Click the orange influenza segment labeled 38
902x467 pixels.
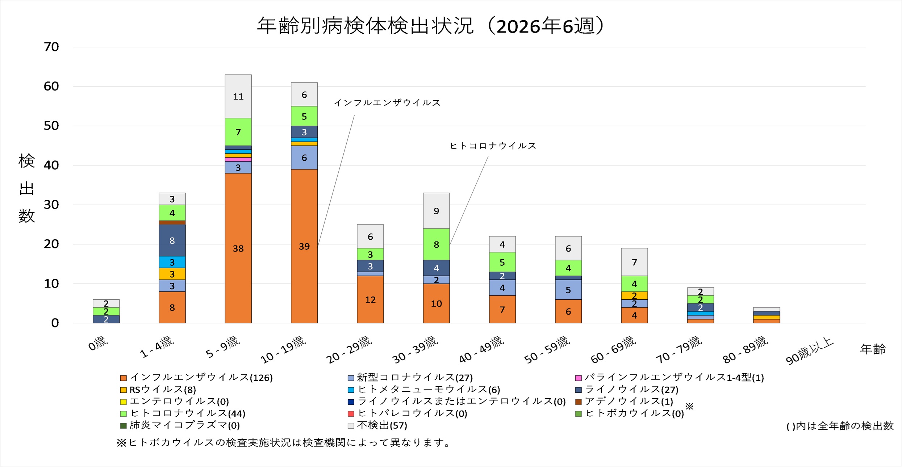click(238, 248)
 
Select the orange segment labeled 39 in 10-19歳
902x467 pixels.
click(304, 246)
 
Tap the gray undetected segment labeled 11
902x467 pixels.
click(238, 96)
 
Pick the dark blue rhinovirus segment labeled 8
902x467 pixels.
click(172, 240)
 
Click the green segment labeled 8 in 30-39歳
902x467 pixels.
click(436, 244)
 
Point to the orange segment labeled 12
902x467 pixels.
click(370, 299)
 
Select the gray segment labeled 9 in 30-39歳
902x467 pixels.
click(436, 211)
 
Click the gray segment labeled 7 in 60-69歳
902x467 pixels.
click(634, 262)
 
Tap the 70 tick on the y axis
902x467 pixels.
click(51, 47)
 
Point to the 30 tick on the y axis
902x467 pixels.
click(51, 205)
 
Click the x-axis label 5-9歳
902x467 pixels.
click(222, 347)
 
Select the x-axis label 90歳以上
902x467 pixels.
click(810, 350)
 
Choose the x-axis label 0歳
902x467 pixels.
click(98, 343)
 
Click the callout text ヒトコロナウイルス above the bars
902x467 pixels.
click(493, 146)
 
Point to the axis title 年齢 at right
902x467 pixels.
click(873, 349)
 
